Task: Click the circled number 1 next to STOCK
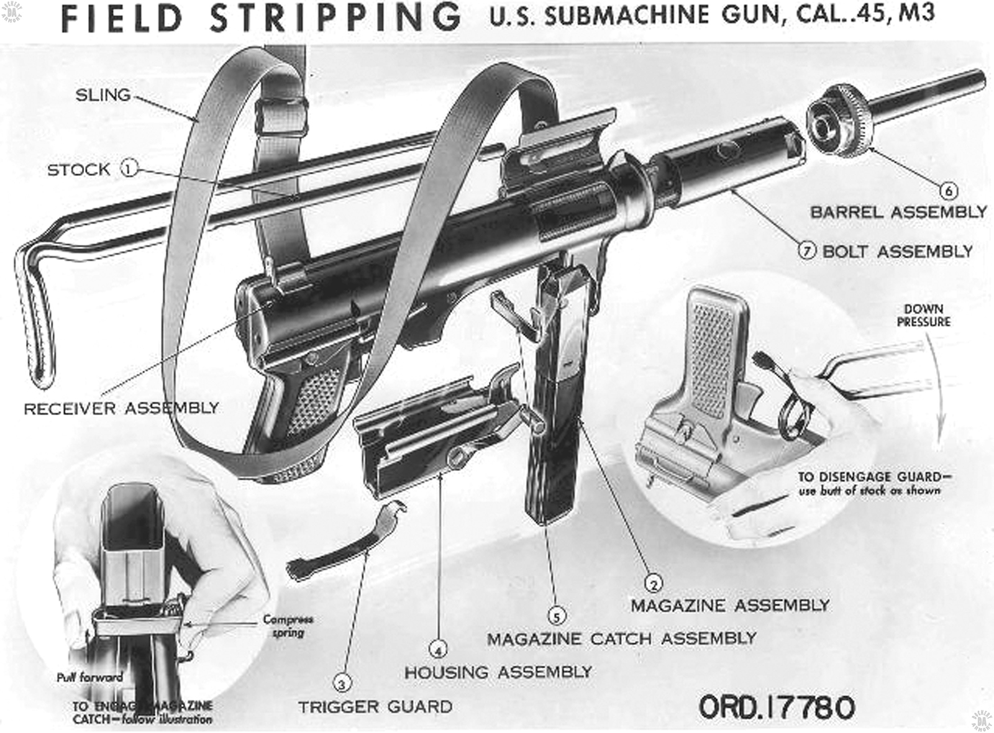(x=128, y=168)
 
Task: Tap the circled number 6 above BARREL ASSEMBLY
(x=948, y=190)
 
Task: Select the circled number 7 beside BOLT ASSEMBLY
(x=807, y=251)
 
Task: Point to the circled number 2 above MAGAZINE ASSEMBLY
(x=653, y=583)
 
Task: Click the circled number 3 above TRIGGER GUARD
(x=342, y=684)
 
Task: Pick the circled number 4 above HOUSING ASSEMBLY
(x=438, y=650)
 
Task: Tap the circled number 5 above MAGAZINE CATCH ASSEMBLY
(x=557, y=616)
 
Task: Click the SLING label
(x=103, y=95)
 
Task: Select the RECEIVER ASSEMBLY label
(x=121, y=408)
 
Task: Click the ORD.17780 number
(x=777, y=707)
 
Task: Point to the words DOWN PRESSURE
(x=923, y=316)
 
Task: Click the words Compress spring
(x=288, y=626)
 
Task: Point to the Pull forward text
(x=89, y=677)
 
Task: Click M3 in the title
(x=916, y=14)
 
